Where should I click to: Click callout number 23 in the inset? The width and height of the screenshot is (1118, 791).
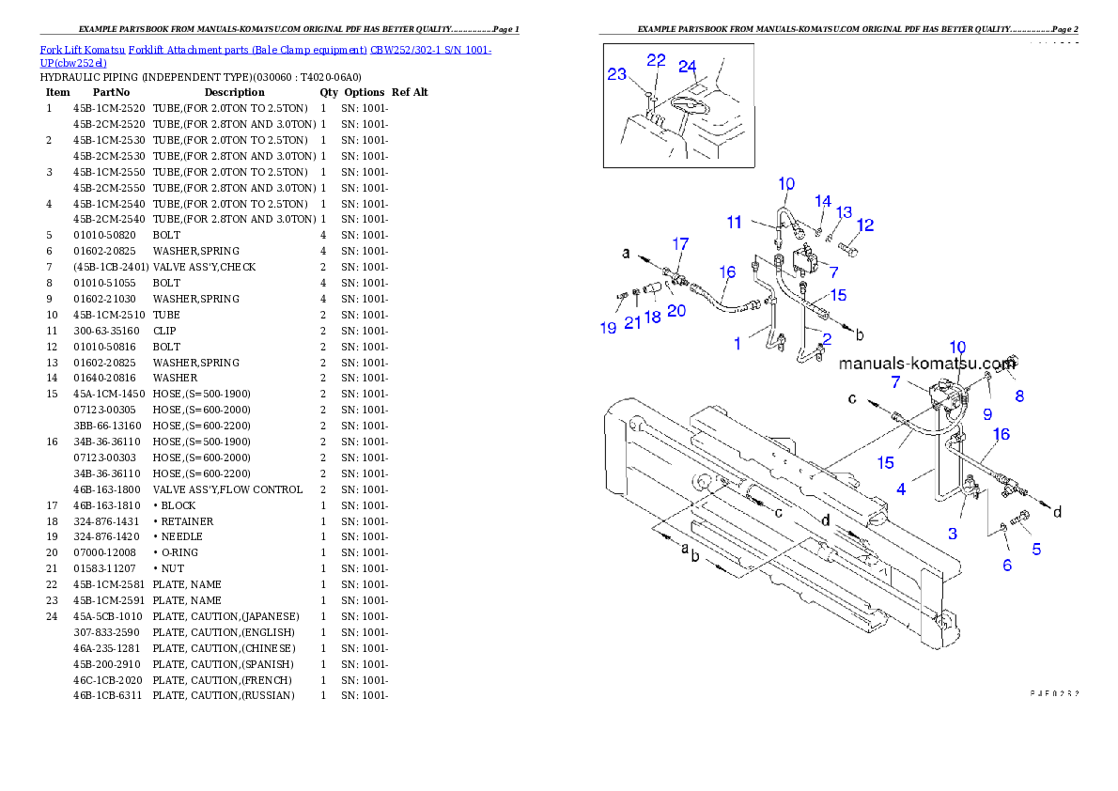tap(616, 74)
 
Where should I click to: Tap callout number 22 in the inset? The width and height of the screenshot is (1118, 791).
tap(656, 60)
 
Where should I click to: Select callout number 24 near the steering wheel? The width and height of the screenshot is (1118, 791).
tap(688, 67)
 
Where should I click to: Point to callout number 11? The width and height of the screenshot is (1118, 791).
tap(735, 223)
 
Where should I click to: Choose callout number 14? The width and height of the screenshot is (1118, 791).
tap(823, 201)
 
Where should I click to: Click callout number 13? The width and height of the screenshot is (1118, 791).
tap(844, 212)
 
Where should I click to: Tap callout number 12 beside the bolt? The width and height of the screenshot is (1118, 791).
tap(865, 225)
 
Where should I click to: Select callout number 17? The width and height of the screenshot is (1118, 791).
tap(680, 244)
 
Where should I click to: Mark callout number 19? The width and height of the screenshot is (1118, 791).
tap(608, 328)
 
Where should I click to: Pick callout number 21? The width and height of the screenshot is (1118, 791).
tap(632, 322)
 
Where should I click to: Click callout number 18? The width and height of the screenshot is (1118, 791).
tap(652, 318)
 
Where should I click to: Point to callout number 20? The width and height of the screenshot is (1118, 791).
tap(676, 311)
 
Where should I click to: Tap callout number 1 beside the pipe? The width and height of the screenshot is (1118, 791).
tap(738, 344)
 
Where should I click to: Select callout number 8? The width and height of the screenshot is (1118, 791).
tap(1019, 396)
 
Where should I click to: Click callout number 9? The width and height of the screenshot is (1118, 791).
tap(987, 413)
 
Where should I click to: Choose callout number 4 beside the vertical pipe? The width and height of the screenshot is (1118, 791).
tap(901, 489)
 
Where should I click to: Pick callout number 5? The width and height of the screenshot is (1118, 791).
tap(1036, 549)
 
